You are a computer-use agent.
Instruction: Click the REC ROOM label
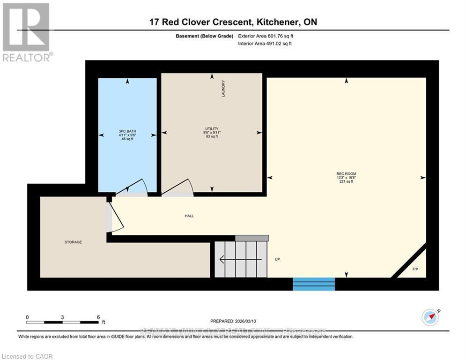pyautogui.click(x=346, y=174)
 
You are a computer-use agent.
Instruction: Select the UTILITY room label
pyautogui.click(x=212, y=129)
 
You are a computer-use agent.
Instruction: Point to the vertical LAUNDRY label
pyautogui.click(x=224, y=89)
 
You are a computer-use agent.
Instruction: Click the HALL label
pyautogui.click(x=189, y=216)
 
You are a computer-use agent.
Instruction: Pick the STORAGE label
pyautogui.click(x=73, y=242)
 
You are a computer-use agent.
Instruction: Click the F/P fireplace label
pyautogui.click(x=415, y=270)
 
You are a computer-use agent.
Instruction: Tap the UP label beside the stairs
pyautogui.click(x=277, y=259)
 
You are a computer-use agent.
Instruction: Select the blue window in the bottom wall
pyautogui.click(x=314, y=284)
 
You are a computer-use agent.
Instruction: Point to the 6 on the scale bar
pyautogui.click(x=98, y=317)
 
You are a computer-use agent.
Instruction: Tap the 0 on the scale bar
pyautogui.click(x=28, y=317)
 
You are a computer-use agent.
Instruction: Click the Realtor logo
pyautogui.click(x=26, y=32)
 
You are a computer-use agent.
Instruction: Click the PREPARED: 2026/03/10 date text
pyautogui.click(x=233, y=322)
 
